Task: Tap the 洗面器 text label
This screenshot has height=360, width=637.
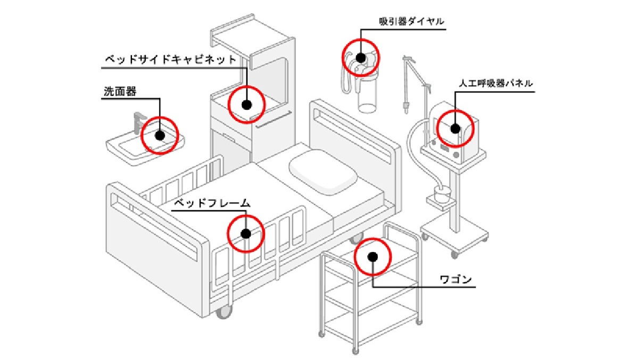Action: click(x=120, y=92)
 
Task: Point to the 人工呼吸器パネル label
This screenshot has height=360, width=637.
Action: click(x=495, y=84)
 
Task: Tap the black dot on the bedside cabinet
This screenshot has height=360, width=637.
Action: click(x=246, y=104)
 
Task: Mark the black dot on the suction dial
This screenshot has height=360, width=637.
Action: click(x=360, y=58)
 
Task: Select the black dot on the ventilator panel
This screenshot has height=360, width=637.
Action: click(x=455, y=128)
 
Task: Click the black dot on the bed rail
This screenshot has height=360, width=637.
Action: click(x=246, y=233)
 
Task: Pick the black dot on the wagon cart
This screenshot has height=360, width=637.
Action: click(x=373, y=256)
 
